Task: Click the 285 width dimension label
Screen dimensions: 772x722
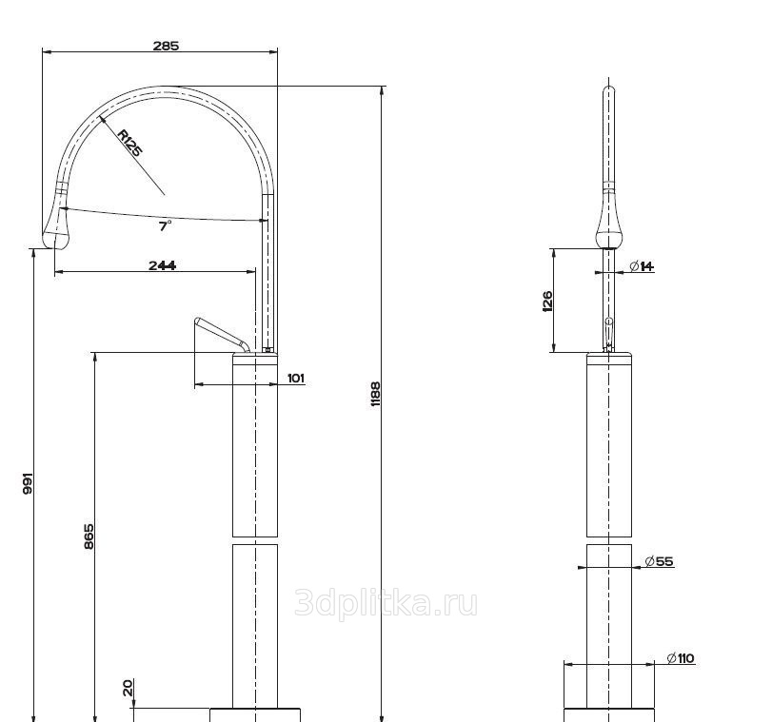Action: point(166,46)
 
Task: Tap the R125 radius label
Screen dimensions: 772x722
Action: point(130,143)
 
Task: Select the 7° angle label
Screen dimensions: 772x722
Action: point(165,225)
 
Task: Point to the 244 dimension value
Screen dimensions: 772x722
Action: point(163,265)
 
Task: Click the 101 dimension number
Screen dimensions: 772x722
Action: point(296,378)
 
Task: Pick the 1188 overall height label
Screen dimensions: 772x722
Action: point(376,393)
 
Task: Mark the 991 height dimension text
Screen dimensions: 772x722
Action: point(28,484)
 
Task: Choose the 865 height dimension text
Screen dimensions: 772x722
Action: point(89,537)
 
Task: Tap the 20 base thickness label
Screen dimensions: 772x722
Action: point(128,687)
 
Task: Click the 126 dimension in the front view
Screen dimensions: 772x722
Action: point(547,302)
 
